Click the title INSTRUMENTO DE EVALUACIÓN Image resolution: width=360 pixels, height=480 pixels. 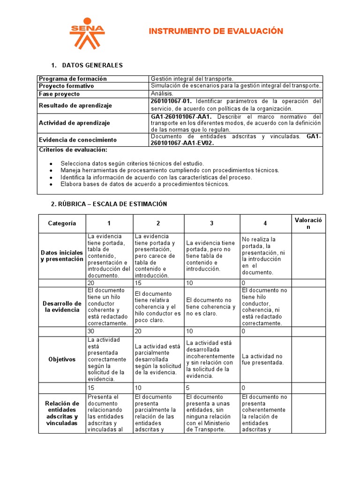(216, 31)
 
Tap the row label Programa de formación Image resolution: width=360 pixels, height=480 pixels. (73, 79)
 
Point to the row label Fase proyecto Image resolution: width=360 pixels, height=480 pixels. (60, 94)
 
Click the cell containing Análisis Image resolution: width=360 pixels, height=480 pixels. (162, 94)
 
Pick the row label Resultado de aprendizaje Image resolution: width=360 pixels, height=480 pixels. (75, 105)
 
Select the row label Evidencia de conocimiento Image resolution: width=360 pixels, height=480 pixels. (78, 140)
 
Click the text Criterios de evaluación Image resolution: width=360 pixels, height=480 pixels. (73, 150)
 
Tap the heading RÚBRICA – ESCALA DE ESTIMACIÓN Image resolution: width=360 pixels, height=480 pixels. (109, 204)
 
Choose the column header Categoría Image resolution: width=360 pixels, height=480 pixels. (62, 224)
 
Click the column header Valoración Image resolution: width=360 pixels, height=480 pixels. (308, 224)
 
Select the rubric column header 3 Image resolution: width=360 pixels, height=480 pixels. (212, 224)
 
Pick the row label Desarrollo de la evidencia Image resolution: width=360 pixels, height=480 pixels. (62, 307)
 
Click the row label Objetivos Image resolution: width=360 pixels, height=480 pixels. (62, 360)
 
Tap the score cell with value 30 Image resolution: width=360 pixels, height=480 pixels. (91, 331)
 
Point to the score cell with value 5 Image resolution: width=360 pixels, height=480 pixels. (188, 388)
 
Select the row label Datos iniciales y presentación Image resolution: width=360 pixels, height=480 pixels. (62, 256)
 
